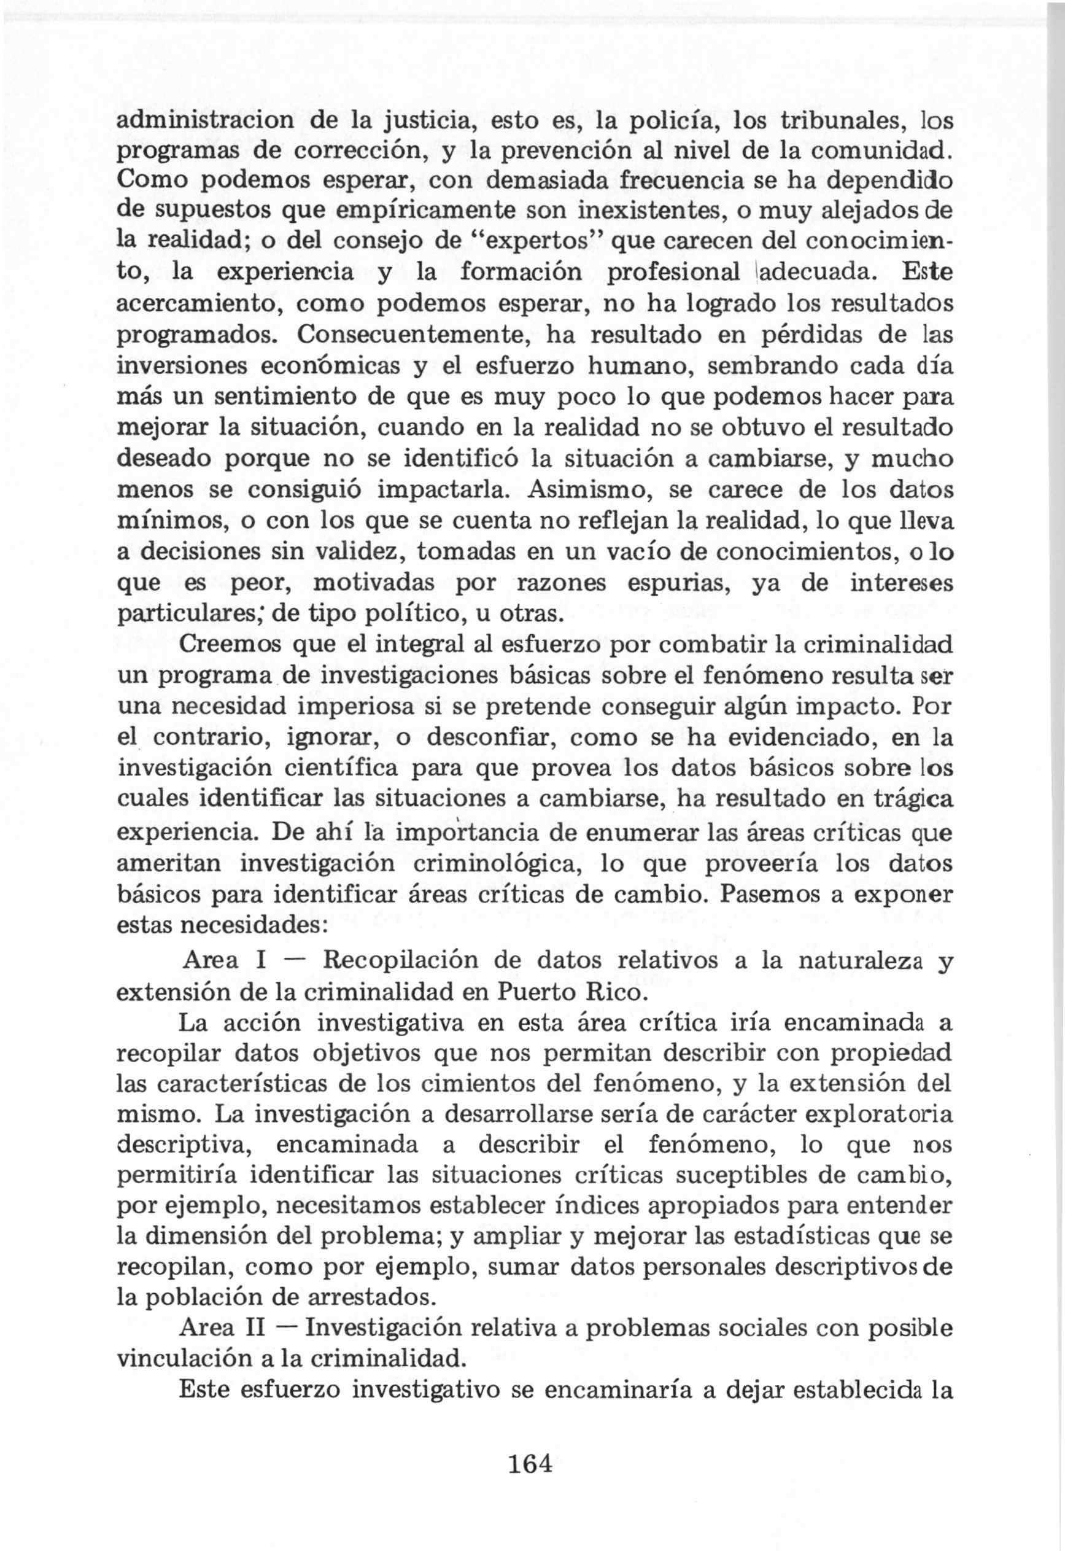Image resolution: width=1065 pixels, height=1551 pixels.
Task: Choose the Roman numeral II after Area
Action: pyautogui.click(x=258, y=1328)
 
